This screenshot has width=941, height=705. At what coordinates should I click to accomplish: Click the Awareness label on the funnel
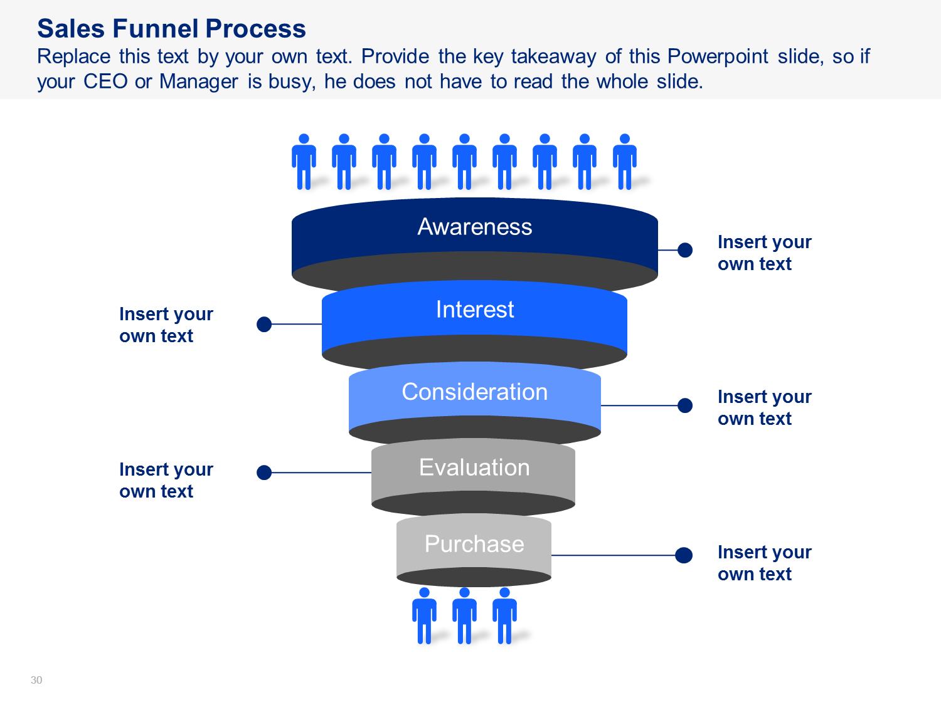click(474, 226)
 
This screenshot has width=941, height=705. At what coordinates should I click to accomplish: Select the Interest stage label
click(474, 309)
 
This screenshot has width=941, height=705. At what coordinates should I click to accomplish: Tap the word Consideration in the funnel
click(474, 392)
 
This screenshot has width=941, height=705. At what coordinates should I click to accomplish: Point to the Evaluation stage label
click(474, 467)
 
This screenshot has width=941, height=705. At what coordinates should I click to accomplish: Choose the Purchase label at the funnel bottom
click(474, 544)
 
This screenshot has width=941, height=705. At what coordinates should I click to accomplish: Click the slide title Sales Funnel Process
click(171, 29)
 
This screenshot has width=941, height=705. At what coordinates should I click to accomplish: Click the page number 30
click(36, 680)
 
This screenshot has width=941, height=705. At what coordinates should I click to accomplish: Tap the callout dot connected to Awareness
click(684, 250)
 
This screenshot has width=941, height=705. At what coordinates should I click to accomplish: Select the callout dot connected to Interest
click(264, 324)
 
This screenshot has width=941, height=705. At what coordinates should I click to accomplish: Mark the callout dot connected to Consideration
click(684, 405)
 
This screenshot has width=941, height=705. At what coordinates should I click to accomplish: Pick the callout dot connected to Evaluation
click(264, 473)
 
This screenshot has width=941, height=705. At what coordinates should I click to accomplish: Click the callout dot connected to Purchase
click(684, 555)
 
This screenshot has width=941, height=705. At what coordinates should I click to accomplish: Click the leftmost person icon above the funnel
click(304, 162)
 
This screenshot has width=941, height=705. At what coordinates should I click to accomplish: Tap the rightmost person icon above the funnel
click(625, 162)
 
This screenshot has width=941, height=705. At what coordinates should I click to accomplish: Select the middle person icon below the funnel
click(464, 615)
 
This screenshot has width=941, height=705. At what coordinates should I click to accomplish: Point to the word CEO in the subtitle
click(105, 81)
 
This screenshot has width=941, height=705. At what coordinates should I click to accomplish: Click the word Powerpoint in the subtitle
click(718, 56)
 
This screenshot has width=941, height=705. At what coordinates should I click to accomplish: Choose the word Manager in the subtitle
click(198, 81)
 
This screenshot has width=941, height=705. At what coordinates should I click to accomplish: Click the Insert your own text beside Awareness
click(764, 253)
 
